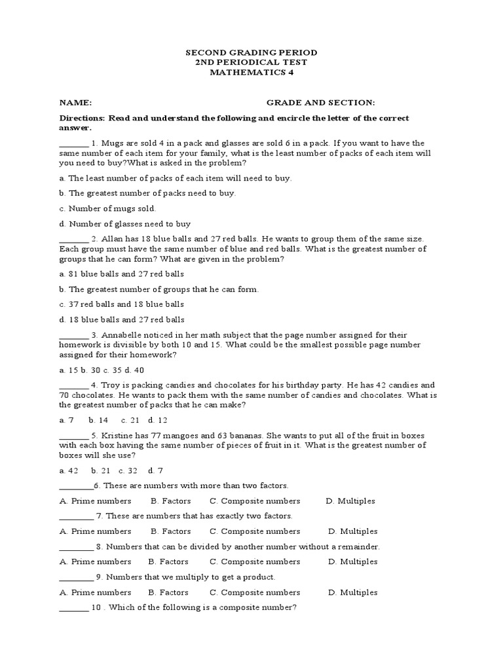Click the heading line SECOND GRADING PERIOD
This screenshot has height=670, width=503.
pyautogui.click(x=251, y=52)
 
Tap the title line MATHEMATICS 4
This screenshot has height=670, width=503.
pyautogui.click(x=251, y=73)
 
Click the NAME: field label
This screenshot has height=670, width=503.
pyautogui.click(x=75, y=103)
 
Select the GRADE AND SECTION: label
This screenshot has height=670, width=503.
pyautogui.click(x=320, y=103)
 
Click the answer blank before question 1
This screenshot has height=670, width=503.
pyautogui.click(x=73, y=143)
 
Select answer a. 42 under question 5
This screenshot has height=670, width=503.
pyautogui.click(x=69, y=470)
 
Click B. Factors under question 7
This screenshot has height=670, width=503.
pyautogui.click(x=169, y=531)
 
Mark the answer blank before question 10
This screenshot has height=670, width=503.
pyautogui.click(x=73, y=608)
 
